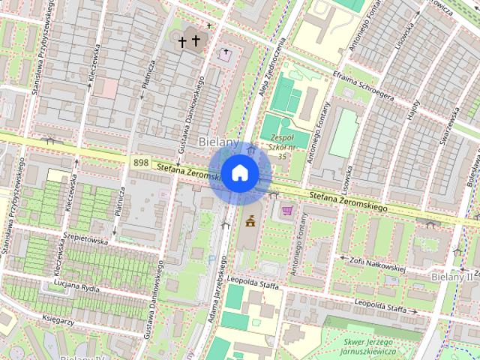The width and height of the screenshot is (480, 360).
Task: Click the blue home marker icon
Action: point(240,172)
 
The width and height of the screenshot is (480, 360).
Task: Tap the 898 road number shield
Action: point(140,163)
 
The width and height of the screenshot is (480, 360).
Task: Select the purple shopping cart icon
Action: point(286,211)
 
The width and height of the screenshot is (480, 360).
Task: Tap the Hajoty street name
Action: point(413,114)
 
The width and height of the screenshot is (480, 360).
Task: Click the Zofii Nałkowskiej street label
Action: point(376,264)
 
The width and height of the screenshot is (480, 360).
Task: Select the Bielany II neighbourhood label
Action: point(453,277)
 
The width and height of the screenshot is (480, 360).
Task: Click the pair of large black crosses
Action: point(189,42)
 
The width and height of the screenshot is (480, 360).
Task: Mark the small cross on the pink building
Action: point(226,52)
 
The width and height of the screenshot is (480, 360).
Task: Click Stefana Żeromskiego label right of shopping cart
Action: point(346,201)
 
